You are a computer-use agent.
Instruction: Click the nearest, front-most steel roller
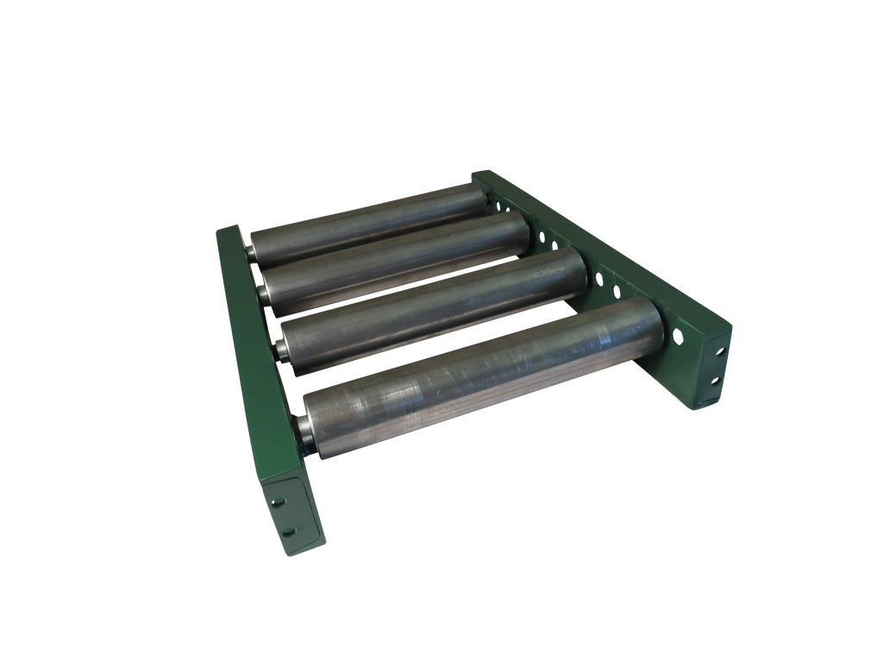(483, 380)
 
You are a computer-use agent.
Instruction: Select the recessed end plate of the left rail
(291, 515)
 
